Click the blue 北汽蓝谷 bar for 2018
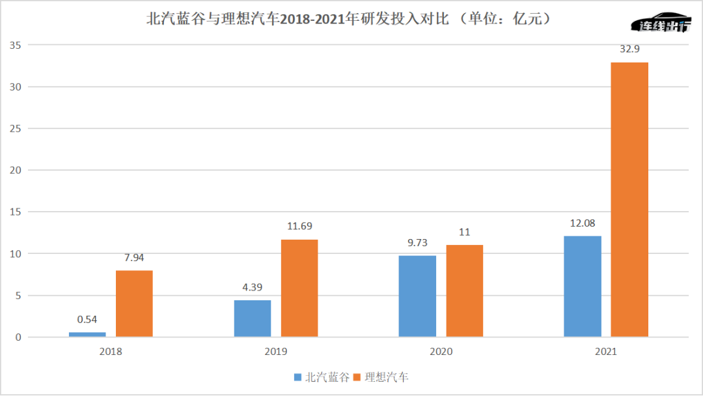click(87, 334)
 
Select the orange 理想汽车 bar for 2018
click(134, 304)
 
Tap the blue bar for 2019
click(252, 318)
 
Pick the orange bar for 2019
click(299, 288)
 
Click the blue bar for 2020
click(417, 296)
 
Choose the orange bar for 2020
click(464, 291)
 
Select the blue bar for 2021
click(583, 287)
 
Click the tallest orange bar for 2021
click(629, 199)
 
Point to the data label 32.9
click(629, 48)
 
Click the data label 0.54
click(87, 319)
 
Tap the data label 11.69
click(299, 226)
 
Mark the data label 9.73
click(417, 242)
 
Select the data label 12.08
click(583, 223)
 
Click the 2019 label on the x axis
click(275, 351)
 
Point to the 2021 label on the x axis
click(605, 351)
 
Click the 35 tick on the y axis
click(15, 45)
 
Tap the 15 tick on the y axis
click(15, 212)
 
